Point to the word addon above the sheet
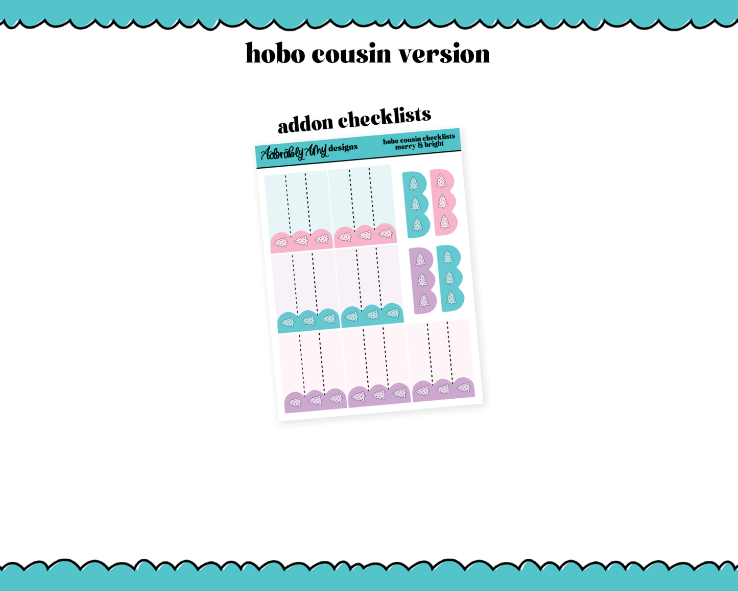[x=305, y=123]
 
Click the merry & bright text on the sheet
[x=419, y=145]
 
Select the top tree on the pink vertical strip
[x=441, y=181]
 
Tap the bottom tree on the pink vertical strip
[x=445, y=222]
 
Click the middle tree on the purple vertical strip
[x=422, y=280]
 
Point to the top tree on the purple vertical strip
[x=420, y=260]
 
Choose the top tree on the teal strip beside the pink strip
[x=414, y=184]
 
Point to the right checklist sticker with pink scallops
[x=363, y=206]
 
